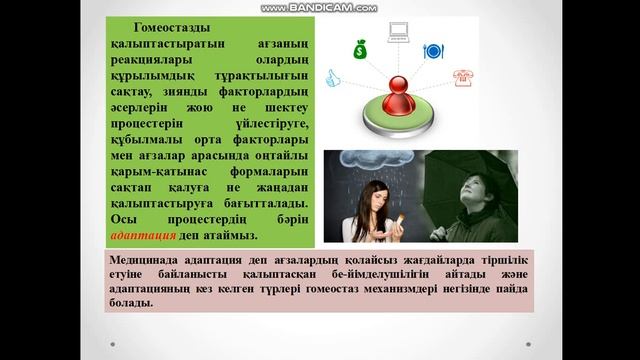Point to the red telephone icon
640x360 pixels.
point(462,78)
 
